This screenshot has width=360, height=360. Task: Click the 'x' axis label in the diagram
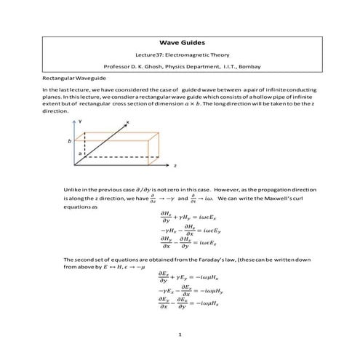[x=127, y=121]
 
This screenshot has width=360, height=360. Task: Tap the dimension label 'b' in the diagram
[x=69, y=140]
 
